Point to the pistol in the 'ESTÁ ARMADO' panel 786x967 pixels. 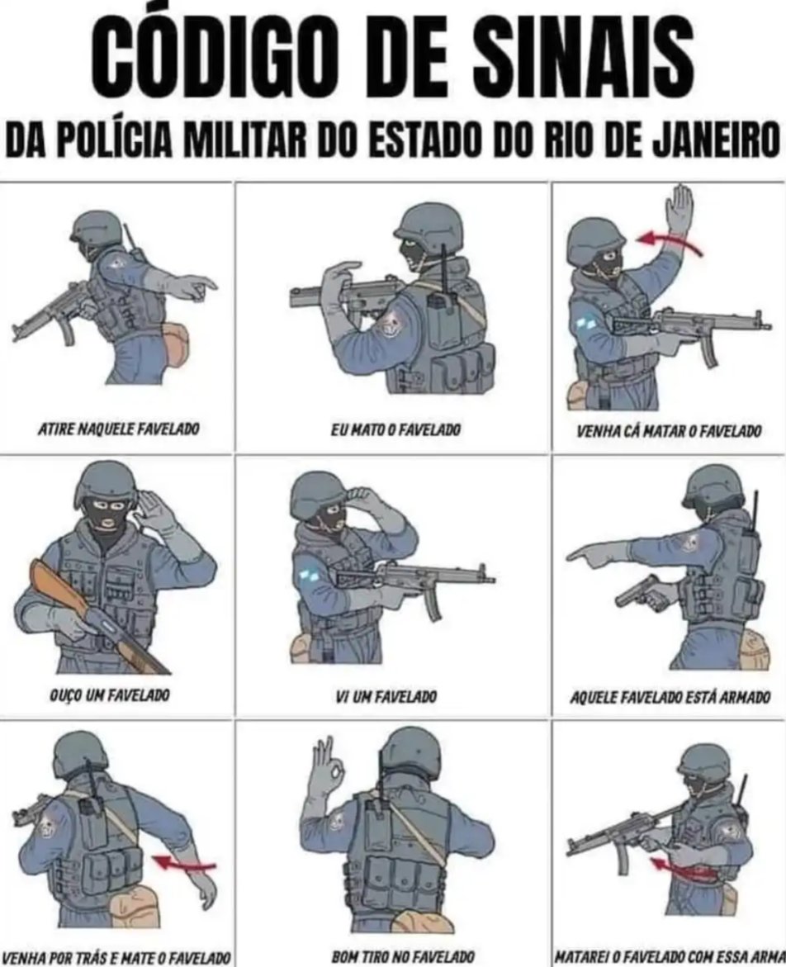(x=641, y=593)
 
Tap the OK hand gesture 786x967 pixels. (x=326, y=769)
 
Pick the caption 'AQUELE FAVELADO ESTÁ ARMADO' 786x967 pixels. (x=670, y=699)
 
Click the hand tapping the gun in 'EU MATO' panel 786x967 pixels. (x=340, y=277)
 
